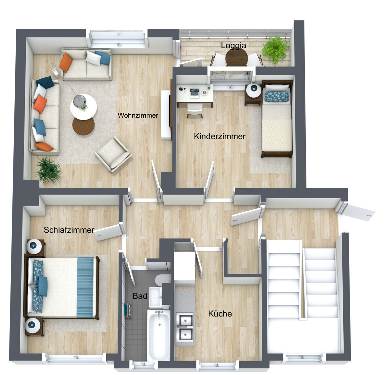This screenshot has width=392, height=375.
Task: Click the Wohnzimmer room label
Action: (x=138, y=115)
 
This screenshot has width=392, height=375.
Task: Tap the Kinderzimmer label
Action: (x=220, y=136)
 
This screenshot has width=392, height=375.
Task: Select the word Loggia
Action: (x=233, y=45)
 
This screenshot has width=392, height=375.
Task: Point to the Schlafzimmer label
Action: (x=69, y=230)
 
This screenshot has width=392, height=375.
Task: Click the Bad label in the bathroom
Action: (x=140, y=296)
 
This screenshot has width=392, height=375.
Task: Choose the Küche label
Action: (x=220, y=314)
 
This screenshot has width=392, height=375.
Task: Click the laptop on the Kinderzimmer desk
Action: (x=195, y=93)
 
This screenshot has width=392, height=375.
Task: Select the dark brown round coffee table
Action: (x=83, y=126)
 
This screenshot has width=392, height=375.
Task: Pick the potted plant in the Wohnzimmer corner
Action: (x=49, y=170)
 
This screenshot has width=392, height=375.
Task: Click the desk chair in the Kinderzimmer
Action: (x=195, y=110)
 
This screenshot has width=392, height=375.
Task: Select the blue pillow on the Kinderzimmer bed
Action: (x=277, y=96)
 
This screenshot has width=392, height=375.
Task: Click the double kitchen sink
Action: (x=185, y=327)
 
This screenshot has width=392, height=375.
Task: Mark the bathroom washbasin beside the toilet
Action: (x=155, y=297)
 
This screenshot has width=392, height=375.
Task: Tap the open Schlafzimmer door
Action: (x=109, y=232)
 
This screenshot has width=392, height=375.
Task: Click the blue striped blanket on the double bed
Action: (x=85, y=287)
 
